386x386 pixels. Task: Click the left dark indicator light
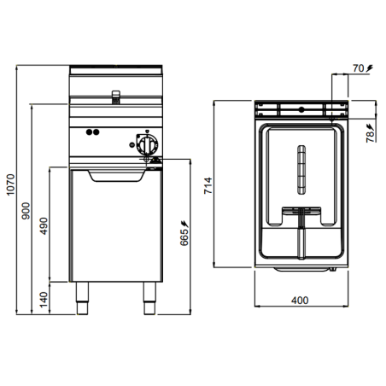point(88,132)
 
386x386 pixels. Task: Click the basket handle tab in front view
point(114,91)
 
